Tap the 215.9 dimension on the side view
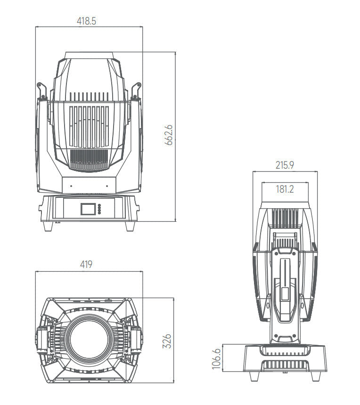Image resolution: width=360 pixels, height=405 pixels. (285, 165)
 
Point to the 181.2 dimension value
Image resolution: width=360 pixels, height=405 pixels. (285, 189)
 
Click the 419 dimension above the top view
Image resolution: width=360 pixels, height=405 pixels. (86, 265)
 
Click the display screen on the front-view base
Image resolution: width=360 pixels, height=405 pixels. (88, 209)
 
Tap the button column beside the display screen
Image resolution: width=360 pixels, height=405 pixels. (99, 209)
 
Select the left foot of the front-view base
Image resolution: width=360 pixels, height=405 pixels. (48, 226)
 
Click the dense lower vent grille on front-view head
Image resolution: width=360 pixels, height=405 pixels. (89, 160)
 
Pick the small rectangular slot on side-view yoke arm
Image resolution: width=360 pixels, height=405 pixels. (285, 295)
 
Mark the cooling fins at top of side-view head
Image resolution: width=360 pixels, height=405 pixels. (285, 217)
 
